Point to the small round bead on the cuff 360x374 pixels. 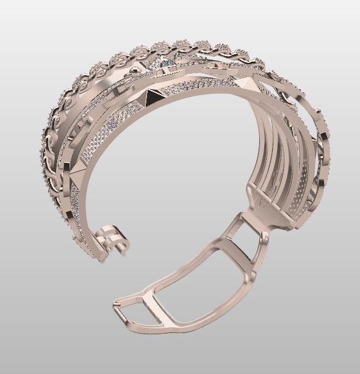coord(134,72)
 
